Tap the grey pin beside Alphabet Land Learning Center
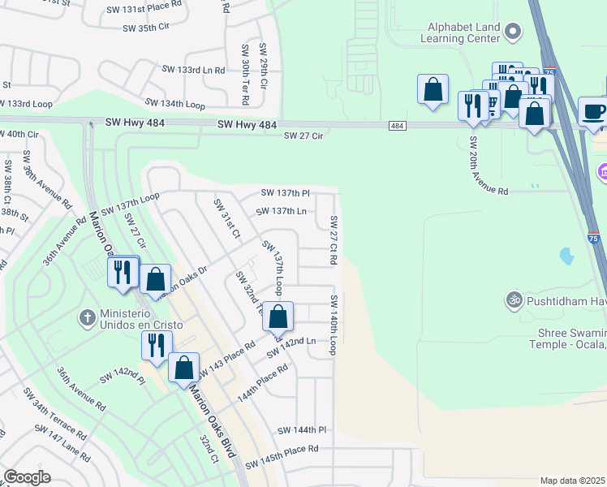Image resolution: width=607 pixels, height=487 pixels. pos(512,32)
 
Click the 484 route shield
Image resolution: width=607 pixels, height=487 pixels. pos(397,126)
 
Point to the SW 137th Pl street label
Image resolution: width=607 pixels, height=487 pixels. pos(285,193)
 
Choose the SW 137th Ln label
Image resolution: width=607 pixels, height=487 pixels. pos(280,211)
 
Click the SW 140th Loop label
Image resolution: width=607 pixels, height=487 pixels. pos(333,325)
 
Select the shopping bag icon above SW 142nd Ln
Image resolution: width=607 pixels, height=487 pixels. pos(278,317)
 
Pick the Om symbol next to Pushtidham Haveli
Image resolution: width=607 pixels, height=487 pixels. pos(512,301)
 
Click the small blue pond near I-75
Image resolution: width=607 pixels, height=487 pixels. pos(566,257)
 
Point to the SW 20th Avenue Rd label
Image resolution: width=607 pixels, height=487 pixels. pos(489,165)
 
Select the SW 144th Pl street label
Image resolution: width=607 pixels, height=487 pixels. pos(301,429)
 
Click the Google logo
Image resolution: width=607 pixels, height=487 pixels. pos(27,477)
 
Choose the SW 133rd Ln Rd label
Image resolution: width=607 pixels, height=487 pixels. pos(192,71)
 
